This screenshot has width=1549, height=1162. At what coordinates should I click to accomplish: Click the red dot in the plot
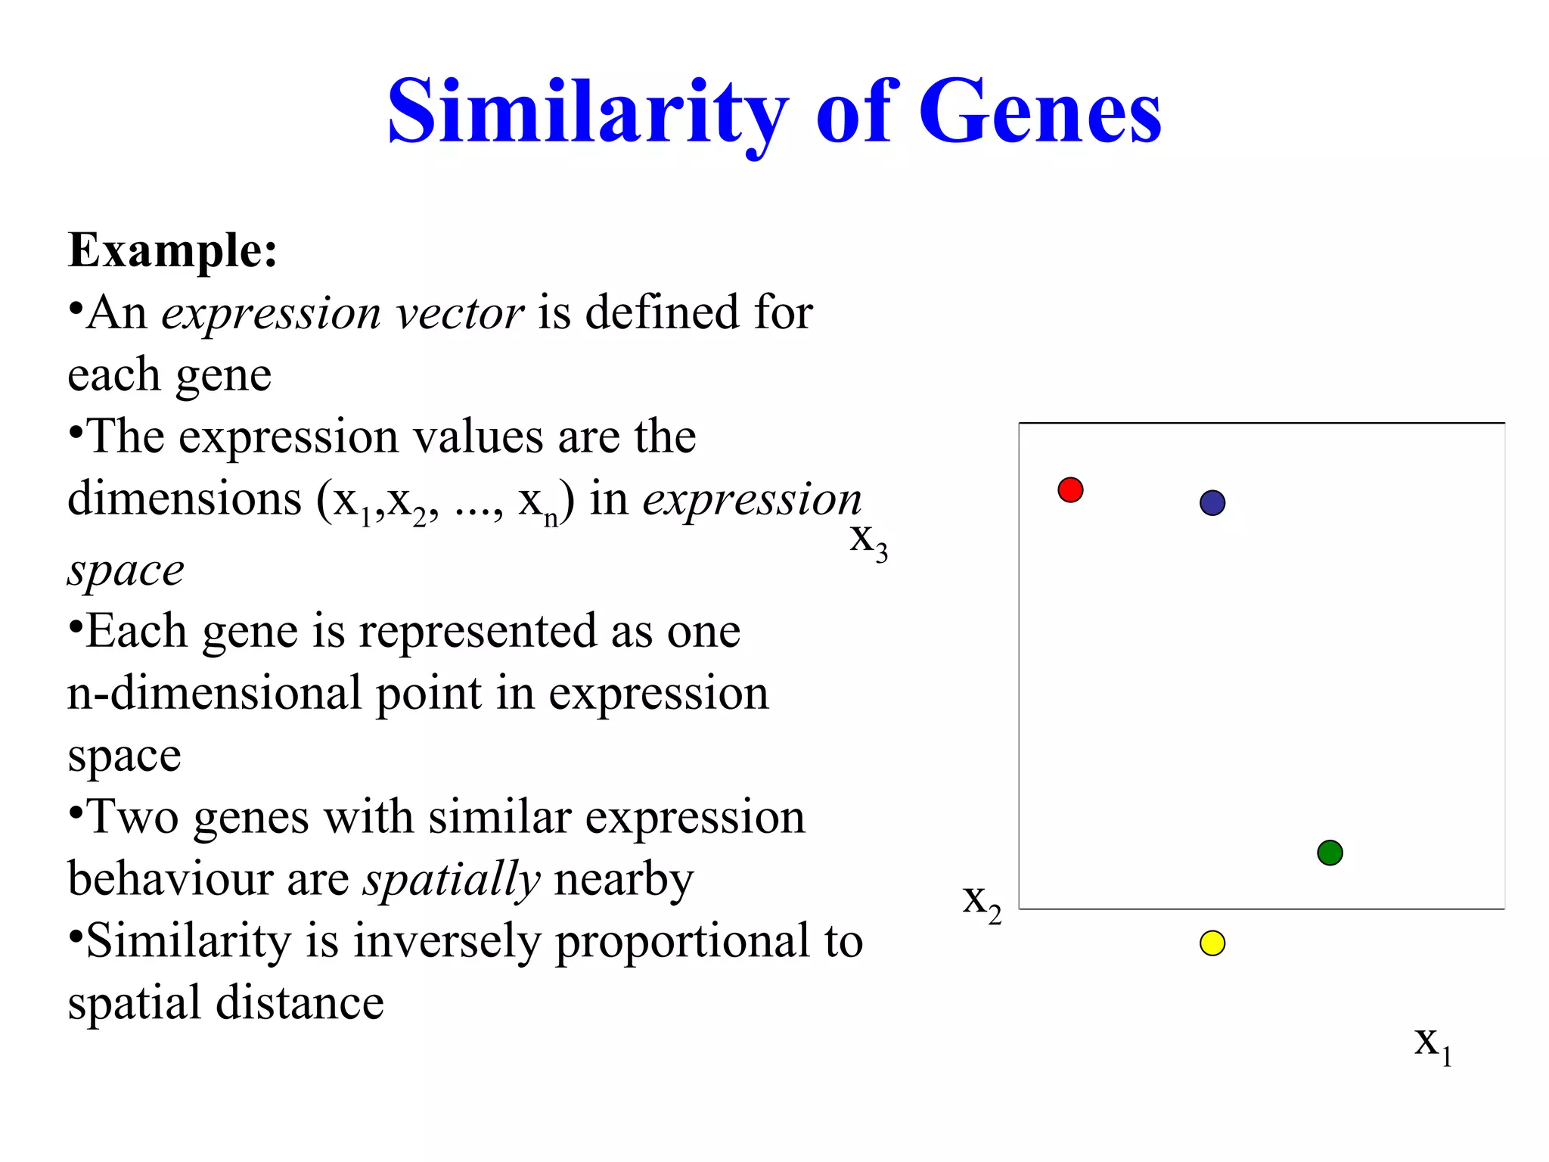[x=1070, y=490]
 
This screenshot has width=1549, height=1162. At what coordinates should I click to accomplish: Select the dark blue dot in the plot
[x=1212, y=503]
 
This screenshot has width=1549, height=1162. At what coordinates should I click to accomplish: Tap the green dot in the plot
[x=1330, y=853]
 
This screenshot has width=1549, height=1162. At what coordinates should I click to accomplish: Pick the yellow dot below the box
[x=1212, y=943]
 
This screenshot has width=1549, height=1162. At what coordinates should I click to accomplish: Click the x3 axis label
[x=868, y=542]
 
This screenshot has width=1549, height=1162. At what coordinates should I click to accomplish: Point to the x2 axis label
[x=982, y=903]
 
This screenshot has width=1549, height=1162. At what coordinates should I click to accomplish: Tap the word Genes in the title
[x=1039, y=113]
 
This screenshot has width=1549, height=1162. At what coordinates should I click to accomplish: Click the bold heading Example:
[x=172, y=251]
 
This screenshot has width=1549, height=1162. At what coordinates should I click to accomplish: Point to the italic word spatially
[x=452, y=881]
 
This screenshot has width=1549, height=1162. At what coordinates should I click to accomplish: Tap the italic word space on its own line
[x=126, y=571]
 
